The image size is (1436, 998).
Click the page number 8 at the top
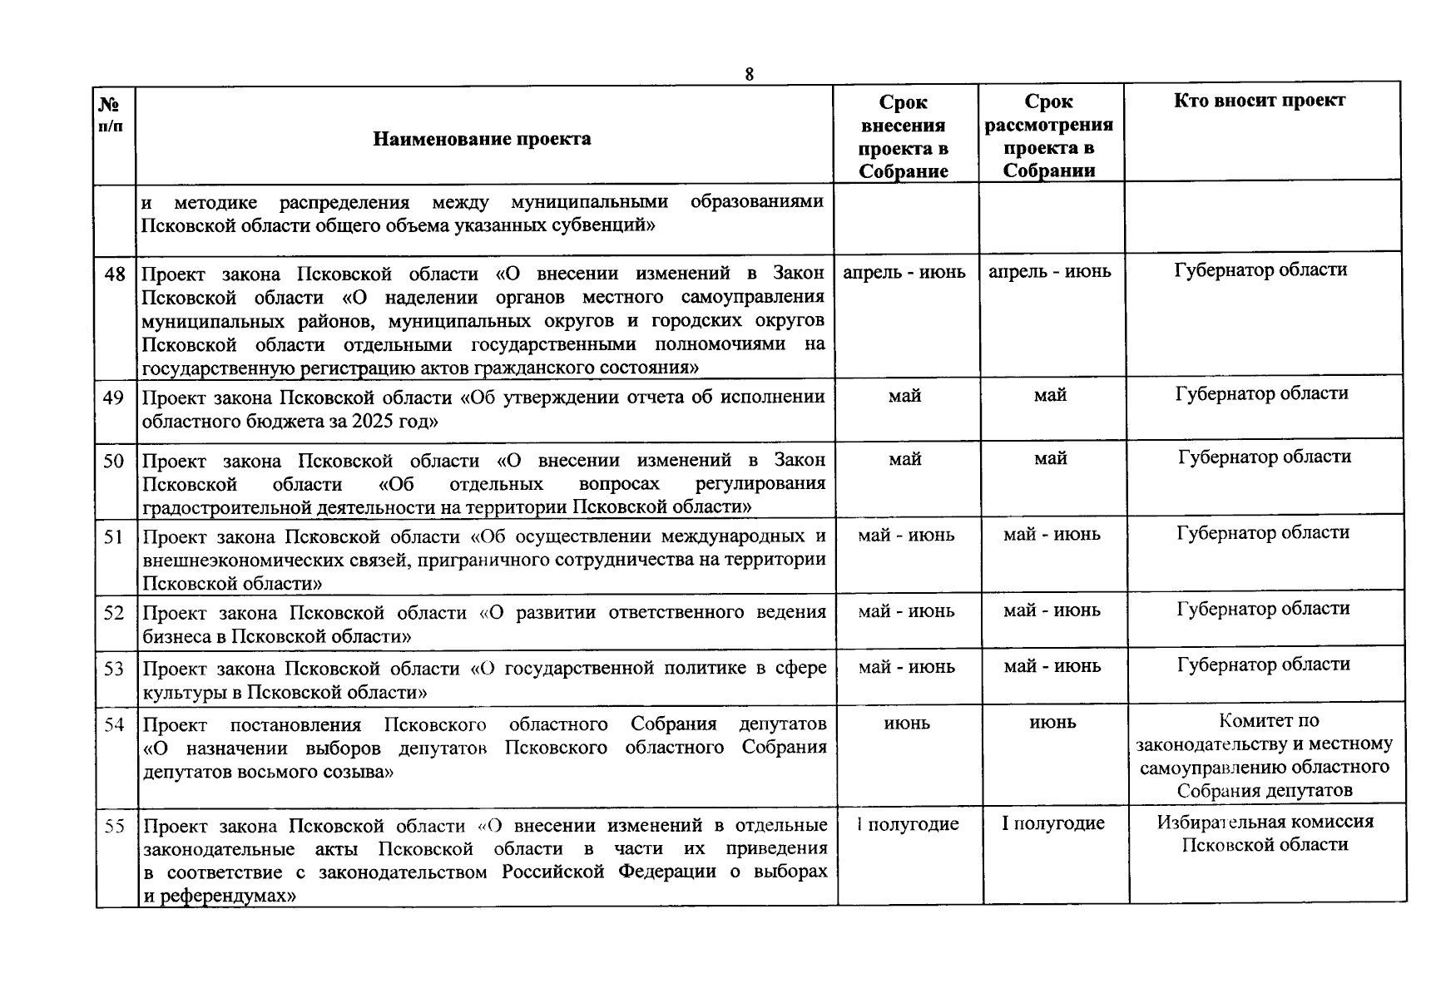[x=749, y=74]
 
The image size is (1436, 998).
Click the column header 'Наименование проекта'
[x=482, y=139]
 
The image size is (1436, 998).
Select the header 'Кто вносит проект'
[x=1260, y=101]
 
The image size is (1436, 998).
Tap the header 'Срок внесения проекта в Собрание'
[x=904, y=136]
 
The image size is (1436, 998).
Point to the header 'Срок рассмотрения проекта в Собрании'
[x=1049, y=136]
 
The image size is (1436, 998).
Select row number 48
[x=115, y=273]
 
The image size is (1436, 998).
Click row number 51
[x=114, y=537]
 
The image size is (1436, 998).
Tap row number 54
[x=114, y=725]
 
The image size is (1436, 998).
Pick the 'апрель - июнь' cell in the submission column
[x=904, y=272]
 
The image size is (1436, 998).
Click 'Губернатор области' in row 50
[x=1265, y=457]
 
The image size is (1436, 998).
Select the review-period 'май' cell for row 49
[x=1050, y=396]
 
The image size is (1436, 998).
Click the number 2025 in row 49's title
[x=372, y=421]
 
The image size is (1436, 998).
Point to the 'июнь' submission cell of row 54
[x=907, y=724]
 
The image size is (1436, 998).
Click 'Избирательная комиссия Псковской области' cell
[x=1265, y=833]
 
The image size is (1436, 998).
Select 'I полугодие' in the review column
[x=1053, y=823]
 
